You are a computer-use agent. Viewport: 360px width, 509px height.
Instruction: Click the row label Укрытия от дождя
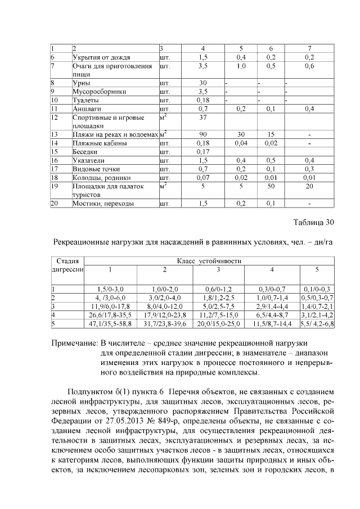[x=102, y=57]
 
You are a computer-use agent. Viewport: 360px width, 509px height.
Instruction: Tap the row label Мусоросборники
[x=95, y=92]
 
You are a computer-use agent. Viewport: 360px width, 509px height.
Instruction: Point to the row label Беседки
[x=85, y=152]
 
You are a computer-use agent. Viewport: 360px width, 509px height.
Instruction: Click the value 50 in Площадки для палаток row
[x=271, y=186]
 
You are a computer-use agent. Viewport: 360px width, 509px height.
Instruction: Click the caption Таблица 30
[x=313, y=222]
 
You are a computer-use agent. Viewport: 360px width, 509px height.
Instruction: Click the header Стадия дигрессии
[x=67, y=265]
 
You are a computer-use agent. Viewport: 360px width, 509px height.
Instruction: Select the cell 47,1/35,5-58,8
[x=110, y=324]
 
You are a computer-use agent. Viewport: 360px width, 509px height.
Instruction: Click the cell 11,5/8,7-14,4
[x=272, y=324]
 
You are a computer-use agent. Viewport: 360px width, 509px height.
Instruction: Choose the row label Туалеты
[x=85, y=100]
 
